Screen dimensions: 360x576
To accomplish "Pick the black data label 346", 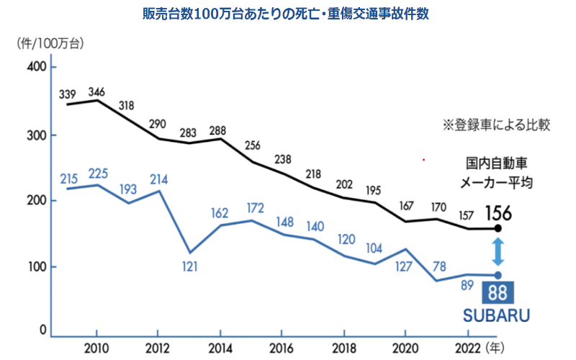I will click(x=98, y=92).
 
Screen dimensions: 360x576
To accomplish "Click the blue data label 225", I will click(x=98, y=173).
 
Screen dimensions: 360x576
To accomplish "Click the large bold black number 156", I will click(x=498, y=214).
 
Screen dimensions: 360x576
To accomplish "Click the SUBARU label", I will click(x=496, y=315).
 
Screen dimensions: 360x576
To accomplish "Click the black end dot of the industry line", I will click(x=498, y=229).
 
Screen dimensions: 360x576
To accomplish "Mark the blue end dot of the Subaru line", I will click(x=498, y=275).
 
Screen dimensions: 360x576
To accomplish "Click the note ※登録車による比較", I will click(x=496, y=125).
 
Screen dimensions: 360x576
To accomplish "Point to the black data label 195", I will click(x=374, y=190).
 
